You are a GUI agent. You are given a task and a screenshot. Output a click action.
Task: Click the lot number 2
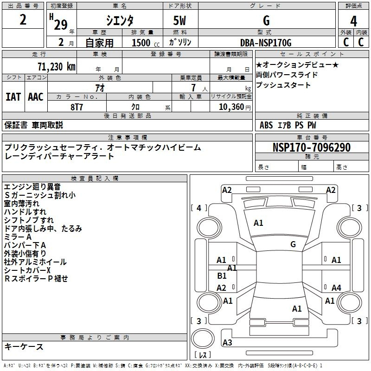(x=23, y=20)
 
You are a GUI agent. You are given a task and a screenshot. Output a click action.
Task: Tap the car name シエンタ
(x=120, y=21)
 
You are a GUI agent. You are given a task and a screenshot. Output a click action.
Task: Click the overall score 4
(x=353, y=21)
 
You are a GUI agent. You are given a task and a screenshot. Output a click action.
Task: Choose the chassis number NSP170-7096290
(x=312, y=148)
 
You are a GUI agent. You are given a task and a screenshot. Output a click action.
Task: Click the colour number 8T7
(x=77, y=106)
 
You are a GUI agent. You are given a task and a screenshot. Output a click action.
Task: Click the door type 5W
(x=180, y=21)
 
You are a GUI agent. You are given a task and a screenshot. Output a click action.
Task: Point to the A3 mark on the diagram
(x=227, y=343)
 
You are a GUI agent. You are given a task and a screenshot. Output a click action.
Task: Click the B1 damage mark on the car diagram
(x=222, y=275)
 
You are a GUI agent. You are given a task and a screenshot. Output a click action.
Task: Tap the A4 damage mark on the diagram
(x=336, y=288)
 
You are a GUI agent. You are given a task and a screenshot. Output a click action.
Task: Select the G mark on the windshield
(x=293, y=244)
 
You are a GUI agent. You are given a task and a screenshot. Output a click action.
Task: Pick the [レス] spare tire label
(x=203, y=356)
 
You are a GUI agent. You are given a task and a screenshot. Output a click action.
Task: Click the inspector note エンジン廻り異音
(x=32, y=187)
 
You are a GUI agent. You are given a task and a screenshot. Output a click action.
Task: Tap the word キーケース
(x=24, y=347)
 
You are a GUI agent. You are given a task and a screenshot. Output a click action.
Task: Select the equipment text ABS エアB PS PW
(x=288, y=125)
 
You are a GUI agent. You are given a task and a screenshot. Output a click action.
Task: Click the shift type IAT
(x=13, y=97)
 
